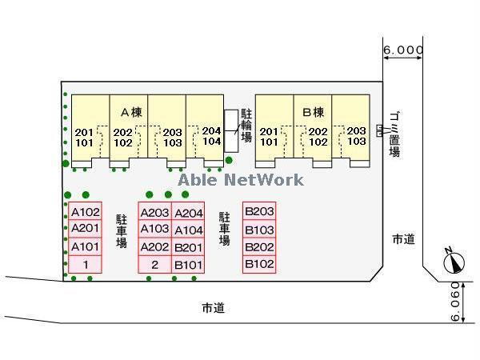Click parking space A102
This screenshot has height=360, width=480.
pyautogui.click(x=85, y=212)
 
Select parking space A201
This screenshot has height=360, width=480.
pyautogui.click(x=85, y=230)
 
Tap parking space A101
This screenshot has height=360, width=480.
pyautogui.click(x=85, y=247)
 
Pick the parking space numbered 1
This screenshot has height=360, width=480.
pyautogui.click(x=85, y=265)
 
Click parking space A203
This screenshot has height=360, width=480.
pyautogui.click(x=154, y=212)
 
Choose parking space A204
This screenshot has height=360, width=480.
pyautogui.click(x=189, y=212)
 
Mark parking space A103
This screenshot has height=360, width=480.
pyautogui.click(x=154, y=230)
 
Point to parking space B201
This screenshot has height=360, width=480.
pyautogui.click(x=189, y=247)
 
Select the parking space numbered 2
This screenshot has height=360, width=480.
pyautogui.click(x=154, y=265)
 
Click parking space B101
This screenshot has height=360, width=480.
pyautogui.click(x=189, y=265)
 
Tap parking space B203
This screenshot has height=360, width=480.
pyautogui.click(x=260, y=212)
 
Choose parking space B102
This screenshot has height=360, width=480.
pyautogui.click(x=260, y=264)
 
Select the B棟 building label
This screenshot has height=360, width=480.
pyautogui.click(x=312, y=111)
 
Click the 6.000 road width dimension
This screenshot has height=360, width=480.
pyautogui.click(x=402, y=50)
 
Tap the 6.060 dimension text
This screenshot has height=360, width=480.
pyautogui.click(x=455, y=301)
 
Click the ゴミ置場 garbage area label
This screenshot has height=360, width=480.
pyautogui.click(x=394, y=134)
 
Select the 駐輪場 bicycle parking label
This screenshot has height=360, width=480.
pyautogui.click(x=246, y=126)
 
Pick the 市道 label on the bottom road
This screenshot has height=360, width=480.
pyautogui.click(x=213, y=307)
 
